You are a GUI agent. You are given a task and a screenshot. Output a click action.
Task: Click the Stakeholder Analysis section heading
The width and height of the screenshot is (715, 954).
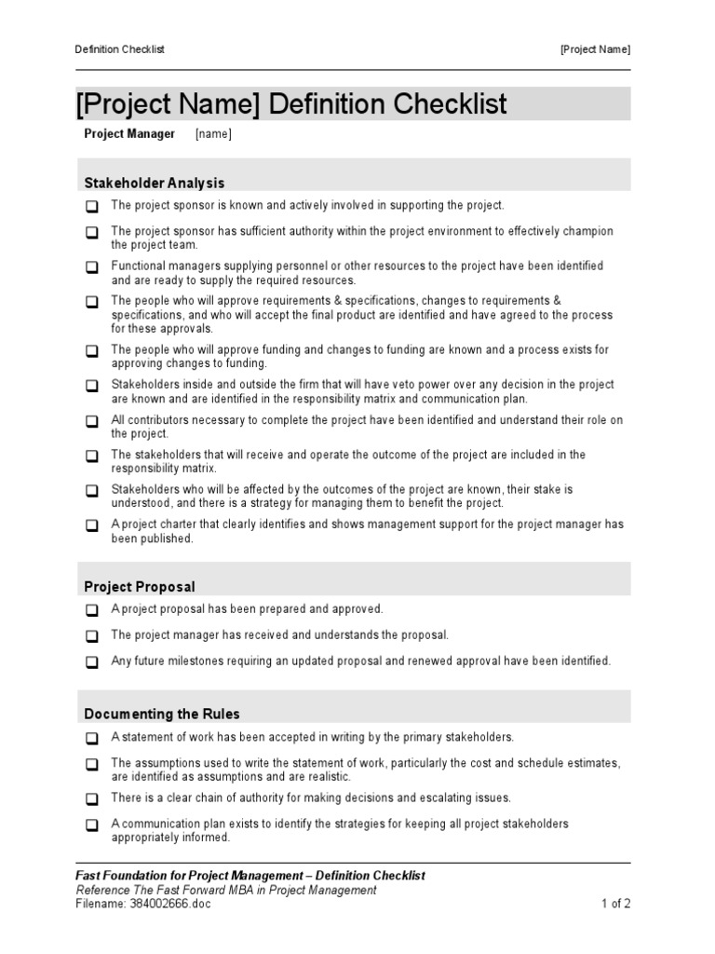tap(155, 184)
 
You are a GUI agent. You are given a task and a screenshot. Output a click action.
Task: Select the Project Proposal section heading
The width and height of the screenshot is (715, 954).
tap(140, 587)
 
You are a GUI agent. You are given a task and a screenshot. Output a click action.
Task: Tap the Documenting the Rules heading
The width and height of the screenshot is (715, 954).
tap(162, 715)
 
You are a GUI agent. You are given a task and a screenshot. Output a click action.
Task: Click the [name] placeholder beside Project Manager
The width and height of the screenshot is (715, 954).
tap(213, 134)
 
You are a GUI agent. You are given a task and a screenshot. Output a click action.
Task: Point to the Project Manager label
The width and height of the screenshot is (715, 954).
tap(129, 134)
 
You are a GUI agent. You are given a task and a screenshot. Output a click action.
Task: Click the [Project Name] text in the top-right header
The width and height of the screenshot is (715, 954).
tap(595, 49)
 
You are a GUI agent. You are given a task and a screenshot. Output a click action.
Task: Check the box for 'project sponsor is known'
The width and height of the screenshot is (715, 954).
tap(92, 206)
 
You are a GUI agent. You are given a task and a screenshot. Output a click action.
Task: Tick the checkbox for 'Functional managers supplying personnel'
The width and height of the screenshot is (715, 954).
tap(92, 267)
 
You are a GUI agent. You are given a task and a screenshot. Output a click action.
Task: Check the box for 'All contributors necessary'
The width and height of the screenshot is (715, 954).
tap(92, 421)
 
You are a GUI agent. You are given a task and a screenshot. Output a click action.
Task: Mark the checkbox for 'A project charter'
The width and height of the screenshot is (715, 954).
tap(92, 525)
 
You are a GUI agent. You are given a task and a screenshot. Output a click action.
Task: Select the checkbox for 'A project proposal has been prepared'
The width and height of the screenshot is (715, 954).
tap(92, 610)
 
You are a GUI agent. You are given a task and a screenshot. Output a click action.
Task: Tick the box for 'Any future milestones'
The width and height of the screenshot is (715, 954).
tap(92, 662)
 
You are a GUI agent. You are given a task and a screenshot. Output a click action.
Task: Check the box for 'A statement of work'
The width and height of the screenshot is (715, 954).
tap(92, 738)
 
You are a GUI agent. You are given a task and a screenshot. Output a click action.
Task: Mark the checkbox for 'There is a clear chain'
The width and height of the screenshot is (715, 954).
tap(92, 799)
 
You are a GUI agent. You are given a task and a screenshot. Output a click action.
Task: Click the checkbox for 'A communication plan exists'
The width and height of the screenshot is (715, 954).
tap(92, 825)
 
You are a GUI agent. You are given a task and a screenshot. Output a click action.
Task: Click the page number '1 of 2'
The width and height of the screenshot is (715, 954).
tap(615, 904)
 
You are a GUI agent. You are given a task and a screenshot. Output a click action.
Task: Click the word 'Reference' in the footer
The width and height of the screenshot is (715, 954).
tap(102, 890)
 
